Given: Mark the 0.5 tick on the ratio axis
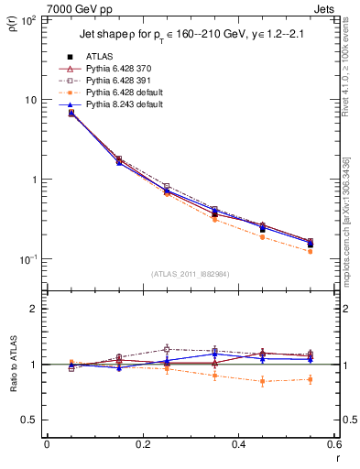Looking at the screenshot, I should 33,420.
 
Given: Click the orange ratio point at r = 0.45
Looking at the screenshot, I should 263,381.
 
